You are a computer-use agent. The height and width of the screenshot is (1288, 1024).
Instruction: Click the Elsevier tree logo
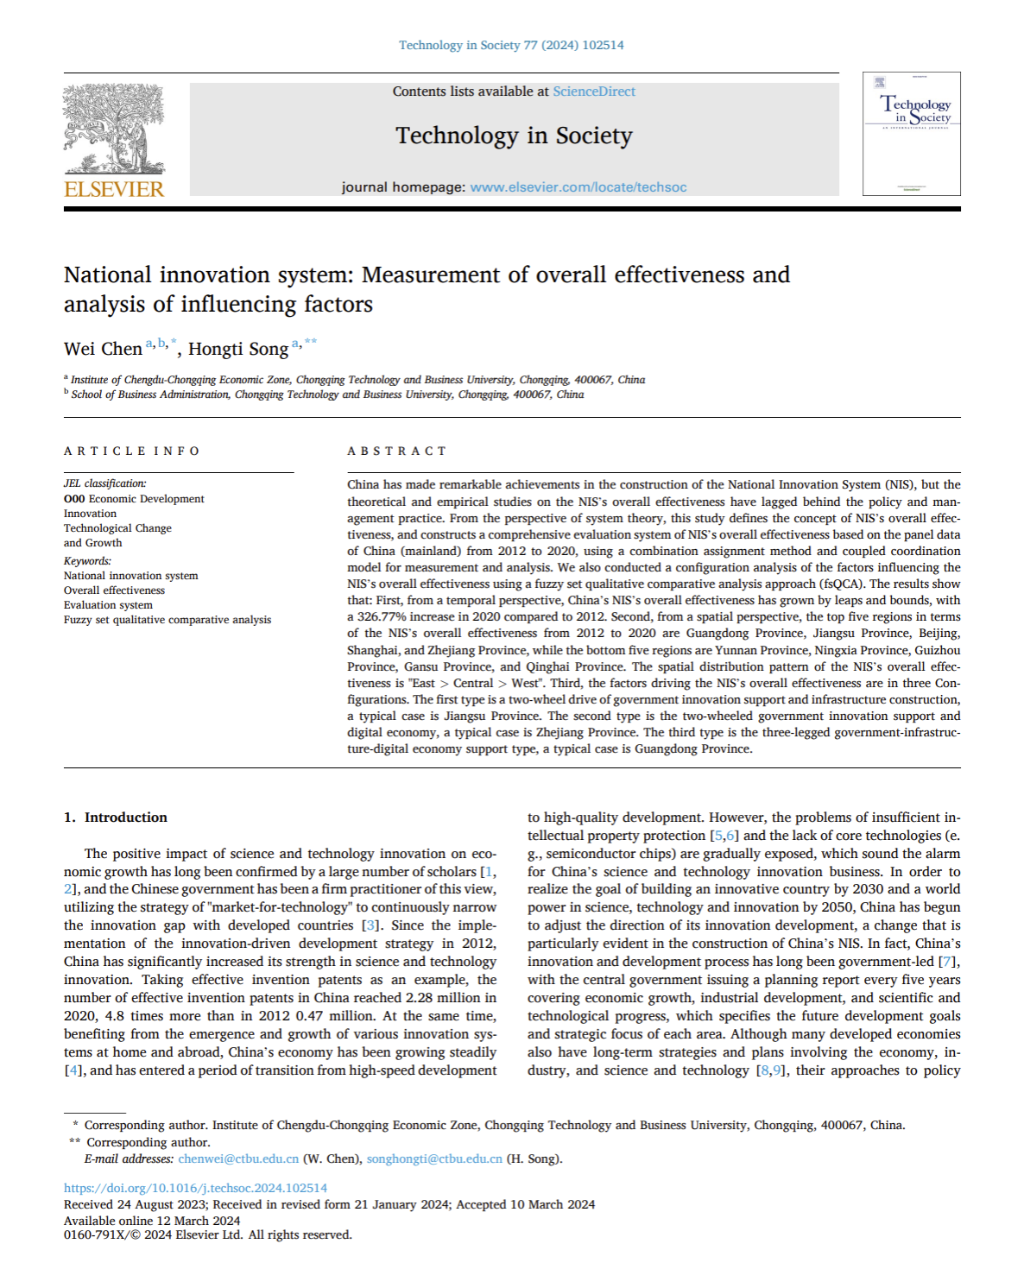[113, 129]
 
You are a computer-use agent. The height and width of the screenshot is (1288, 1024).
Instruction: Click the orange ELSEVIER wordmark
[114, 189]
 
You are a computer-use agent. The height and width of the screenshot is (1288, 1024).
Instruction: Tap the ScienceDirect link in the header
[594, 92]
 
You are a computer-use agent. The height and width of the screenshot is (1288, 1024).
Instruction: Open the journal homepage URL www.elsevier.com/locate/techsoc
[578, 187]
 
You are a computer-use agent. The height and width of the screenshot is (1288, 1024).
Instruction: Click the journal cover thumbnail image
[911, 134]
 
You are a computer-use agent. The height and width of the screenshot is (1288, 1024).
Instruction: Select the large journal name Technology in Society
[514, 136]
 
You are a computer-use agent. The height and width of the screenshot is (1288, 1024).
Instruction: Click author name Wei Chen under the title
[103, 349]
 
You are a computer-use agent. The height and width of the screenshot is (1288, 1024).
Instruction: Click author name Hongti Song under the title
[238, 349]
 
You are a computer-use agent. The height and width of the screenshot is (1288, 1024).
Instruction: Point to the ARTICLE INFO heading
[131, 451]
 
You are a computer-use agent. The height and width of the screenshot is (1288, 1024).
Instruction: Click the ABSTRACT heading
[397, 451]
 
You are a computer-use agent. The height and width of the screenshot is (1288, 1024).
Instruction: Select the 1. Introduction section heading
[116, 818]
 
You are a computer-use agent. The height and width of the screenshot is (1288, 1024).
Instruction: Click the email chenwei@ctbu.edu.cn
[238, 1159]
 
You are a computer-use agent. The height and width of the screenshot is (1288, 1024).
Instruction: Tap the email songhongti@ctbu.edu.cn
[434, 1159]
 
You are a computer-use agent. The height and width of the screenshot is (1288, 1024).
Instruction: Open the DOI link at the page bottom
[195, 1188]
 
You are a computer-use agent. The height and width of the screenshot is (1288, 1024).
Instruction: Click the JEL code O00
[74, 499]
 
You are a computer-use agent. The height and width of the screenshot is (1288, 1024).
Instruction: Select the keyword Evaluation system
[108, 605]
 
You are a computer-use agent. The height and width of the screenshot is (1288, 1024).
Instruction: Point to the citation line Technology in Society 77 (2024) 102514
[511, 45]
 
